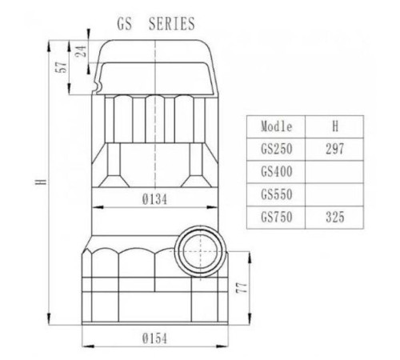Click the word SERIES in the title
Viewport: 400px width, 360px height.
172,23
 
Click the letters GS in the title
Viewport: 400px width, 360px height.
125,23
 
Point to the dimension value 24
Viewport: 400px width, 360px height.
81,51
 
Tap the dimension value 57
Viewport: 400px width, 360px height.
61,67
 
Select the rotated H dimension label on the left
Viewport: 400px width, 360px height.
42,182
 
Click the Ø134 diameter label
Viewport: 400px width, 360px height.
154,199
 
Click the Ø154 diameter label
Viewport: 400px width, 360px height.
154,338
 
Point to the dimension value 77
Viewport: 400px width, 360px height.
242,288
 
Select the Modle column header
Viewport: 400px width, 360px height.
277,126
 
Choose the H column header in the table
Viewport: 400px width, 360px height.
335,126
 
